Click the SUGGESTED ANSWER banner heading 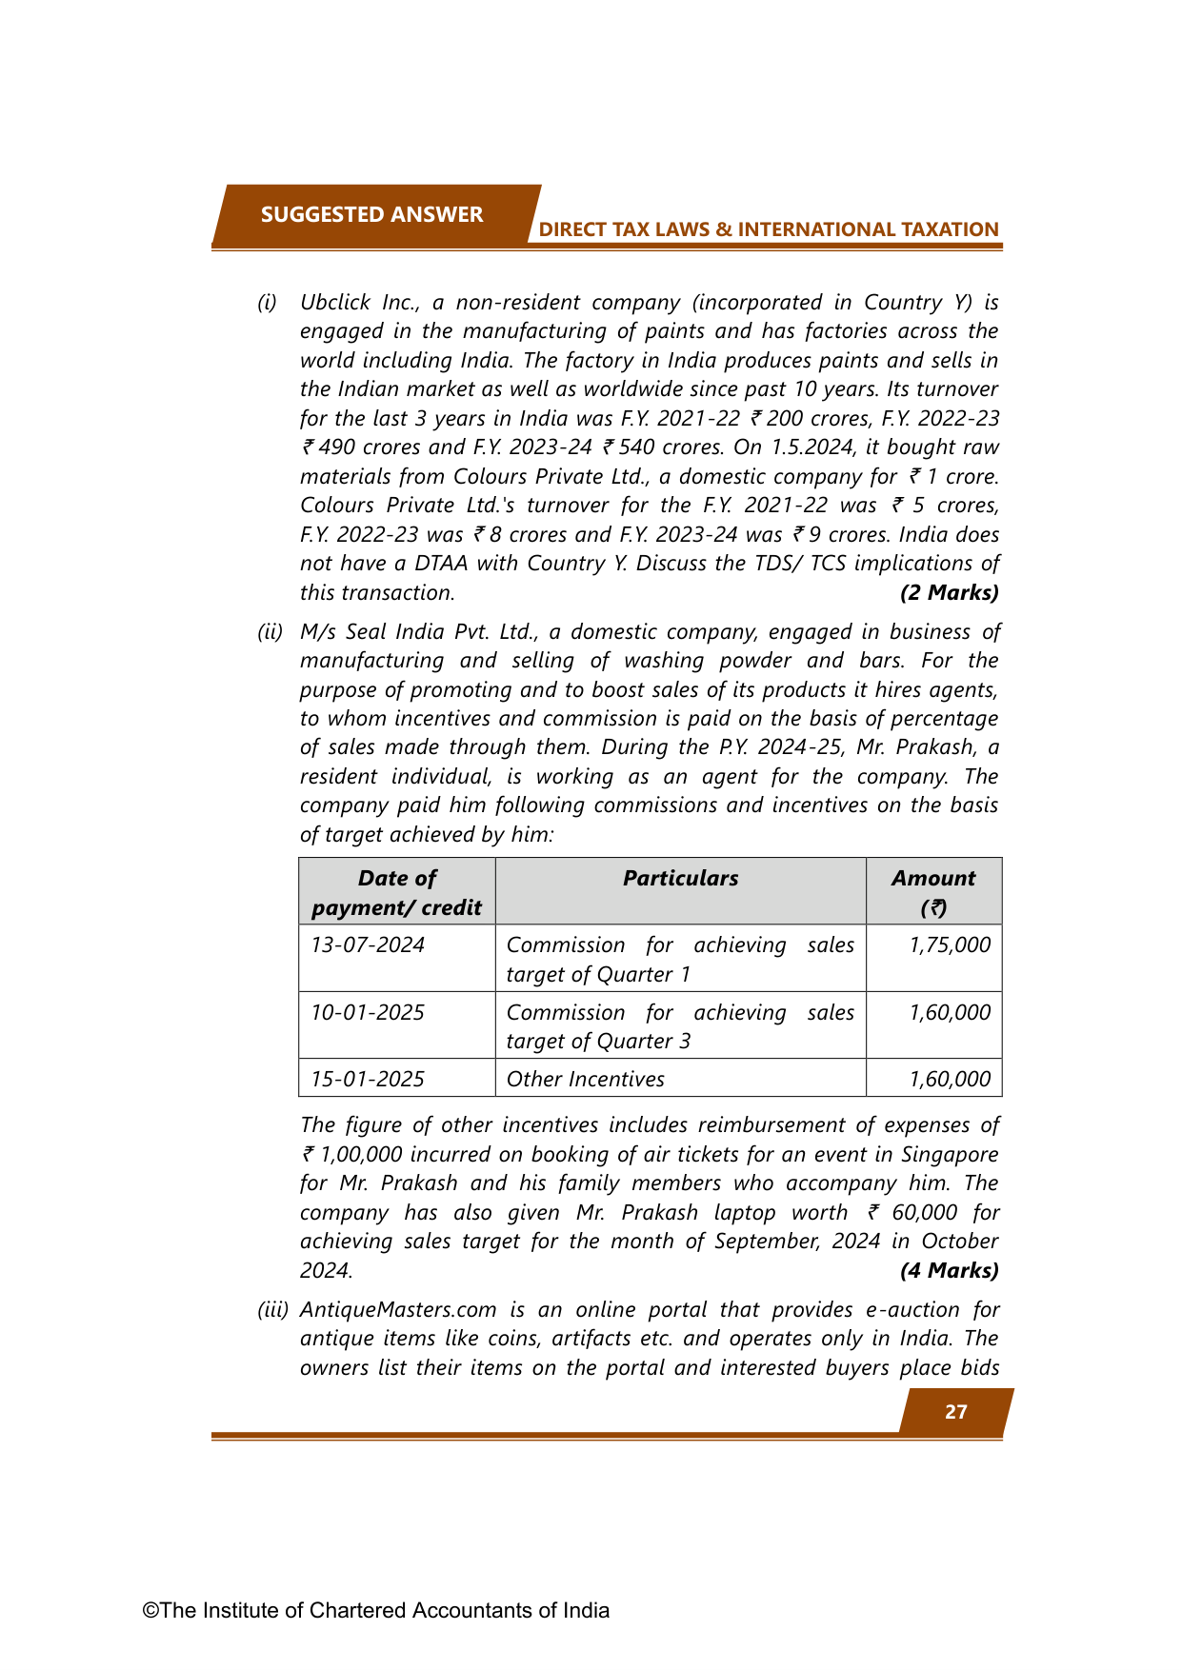pos(371,214)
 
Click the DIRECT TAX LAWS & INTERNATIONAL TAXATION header pos(768,229)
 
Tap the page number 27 pos(955,1411)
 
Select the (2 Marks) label pos(949,592)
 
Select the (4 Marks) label pos(949,1270)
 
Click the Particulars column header pos(680,878)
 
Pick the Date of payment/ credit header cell pos(396,892)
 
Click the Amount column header pos(933,892)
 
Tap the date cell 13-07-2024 pos(368,945)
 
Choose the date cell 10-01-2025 pos(368,1012)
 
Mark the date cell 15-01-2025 pos(368,1079)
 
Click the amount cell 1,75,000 pos(950,945)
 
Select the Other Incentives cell pos(586,1079)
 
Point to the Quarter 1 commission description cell pos(680,959)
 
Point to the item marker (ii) pos(270,632)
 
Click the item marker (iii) pos(273,1309)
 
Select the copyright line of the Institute pos(376,1610)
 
